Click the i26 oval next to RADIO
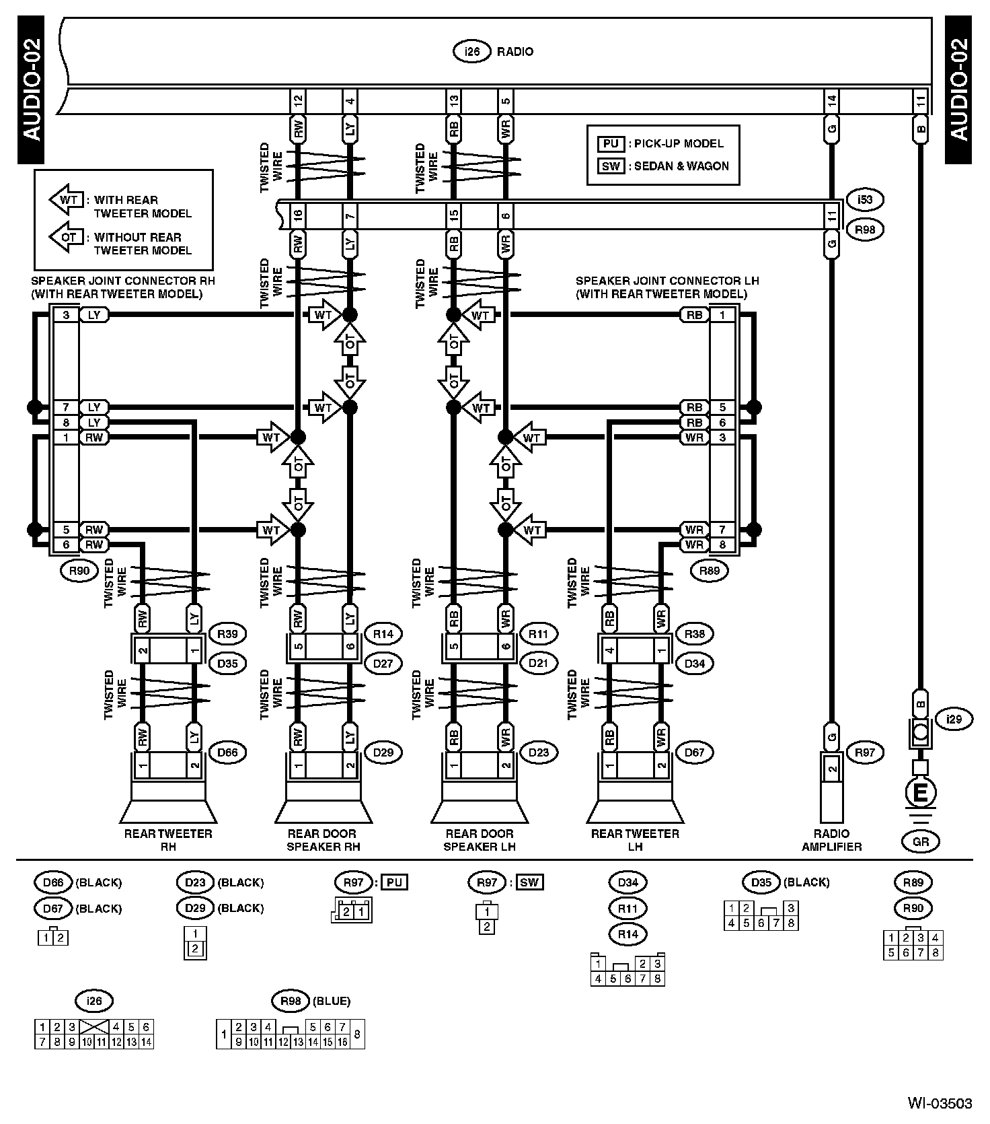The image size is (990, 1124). pos(473,52)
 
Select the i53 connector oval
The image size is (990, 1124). pos(865,200)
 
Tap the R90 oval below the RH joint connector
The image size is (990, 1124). pos(79,571)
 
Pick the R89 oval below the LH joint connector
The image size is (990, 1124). pos(710,571)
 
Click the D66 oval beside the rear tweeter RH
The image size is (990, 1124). pos(227,752)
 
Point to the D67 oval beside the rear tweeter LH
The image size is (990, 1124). pos(694,752)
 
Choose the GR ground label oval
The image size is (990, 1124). pos(921,841)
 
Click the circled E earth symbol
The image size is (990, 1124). pos(921,792)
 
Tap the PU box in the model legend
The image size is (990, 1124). pos(611,143)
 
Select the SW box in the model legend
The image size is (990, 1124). pos(611,166)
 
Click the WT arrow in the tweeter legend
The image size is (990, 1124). pos(67,200)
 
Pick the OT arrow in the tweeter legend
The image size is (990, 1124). pos(67,237)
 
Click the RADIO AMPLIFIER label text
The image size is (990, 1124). pos(831,840)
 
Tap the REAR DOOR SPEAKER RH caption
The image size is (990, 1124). pos(323,840)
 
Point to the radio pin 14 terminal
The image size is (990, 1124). pos(832,102)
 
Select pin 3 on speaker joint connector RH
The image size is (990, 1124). pos(66,315)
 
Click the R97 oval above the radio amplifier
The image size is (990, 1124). pos(865,752)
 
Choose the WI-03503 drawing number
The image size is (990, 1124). pos(940,1103)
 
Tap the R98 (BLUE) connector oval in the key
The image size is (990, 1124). pos(290,1001)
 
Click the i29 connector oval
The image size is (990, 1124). pos(954,719)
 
